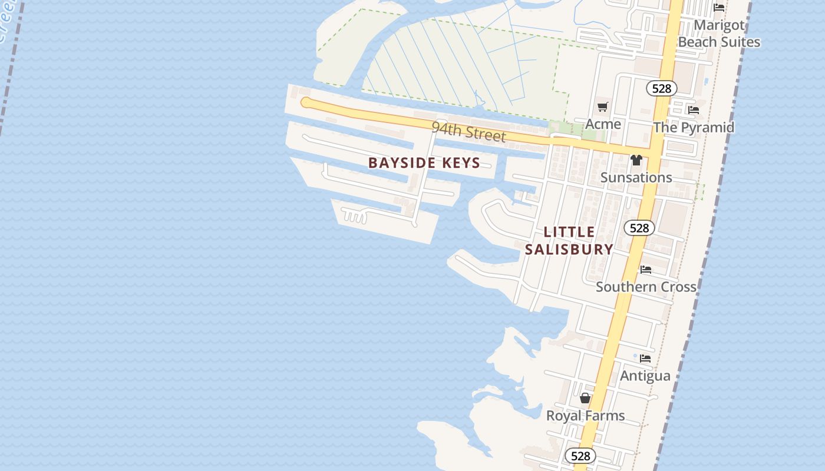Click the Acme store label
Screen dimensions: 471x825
[x=603, y=124]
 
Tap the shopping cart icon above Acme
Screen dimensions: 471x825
[x=602, y=107]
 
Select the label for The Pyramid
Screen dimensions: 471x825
[x=694, y=127]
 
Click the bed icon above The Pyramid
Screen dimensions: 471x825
[x=693, y=110]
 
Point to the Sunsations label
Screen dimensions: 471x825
[x=636, y=177]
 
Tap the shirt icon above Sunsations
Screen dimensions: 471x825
[x=636, y=160]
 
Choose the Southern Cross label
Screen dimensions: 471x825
[x=646, y=287]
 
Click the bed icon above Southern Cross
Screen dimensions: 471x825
[x=646, y=270]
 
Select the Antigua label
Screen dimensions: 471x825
[x=645, y=376]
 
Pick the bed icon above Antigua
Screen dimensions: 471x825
[x=645, y=358]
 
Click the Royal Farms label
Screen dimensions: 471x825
[x=585, y=416]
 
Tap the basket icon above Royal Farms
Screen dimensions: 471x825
[x=585, y=398]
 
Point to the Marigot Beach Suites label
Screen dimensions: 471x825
[x=719, y=34]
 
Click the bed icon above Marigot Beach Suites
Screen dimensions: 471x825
[x=719, y=8]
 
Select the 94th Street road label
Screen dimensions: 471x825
[x=468, y=131]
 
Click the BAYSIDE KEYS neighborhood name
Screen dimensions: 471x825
[x=424, y=163]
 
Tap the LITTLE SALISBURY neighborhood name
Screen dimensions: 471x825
[x=569, y=241]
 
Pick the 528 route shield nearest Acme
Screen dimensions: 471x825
[x=662, y=88]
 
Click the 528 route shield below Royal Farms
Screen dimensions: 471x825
[x=580, y=456]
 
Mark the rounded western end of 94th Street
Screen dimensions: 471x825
[x=305, y=103]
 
